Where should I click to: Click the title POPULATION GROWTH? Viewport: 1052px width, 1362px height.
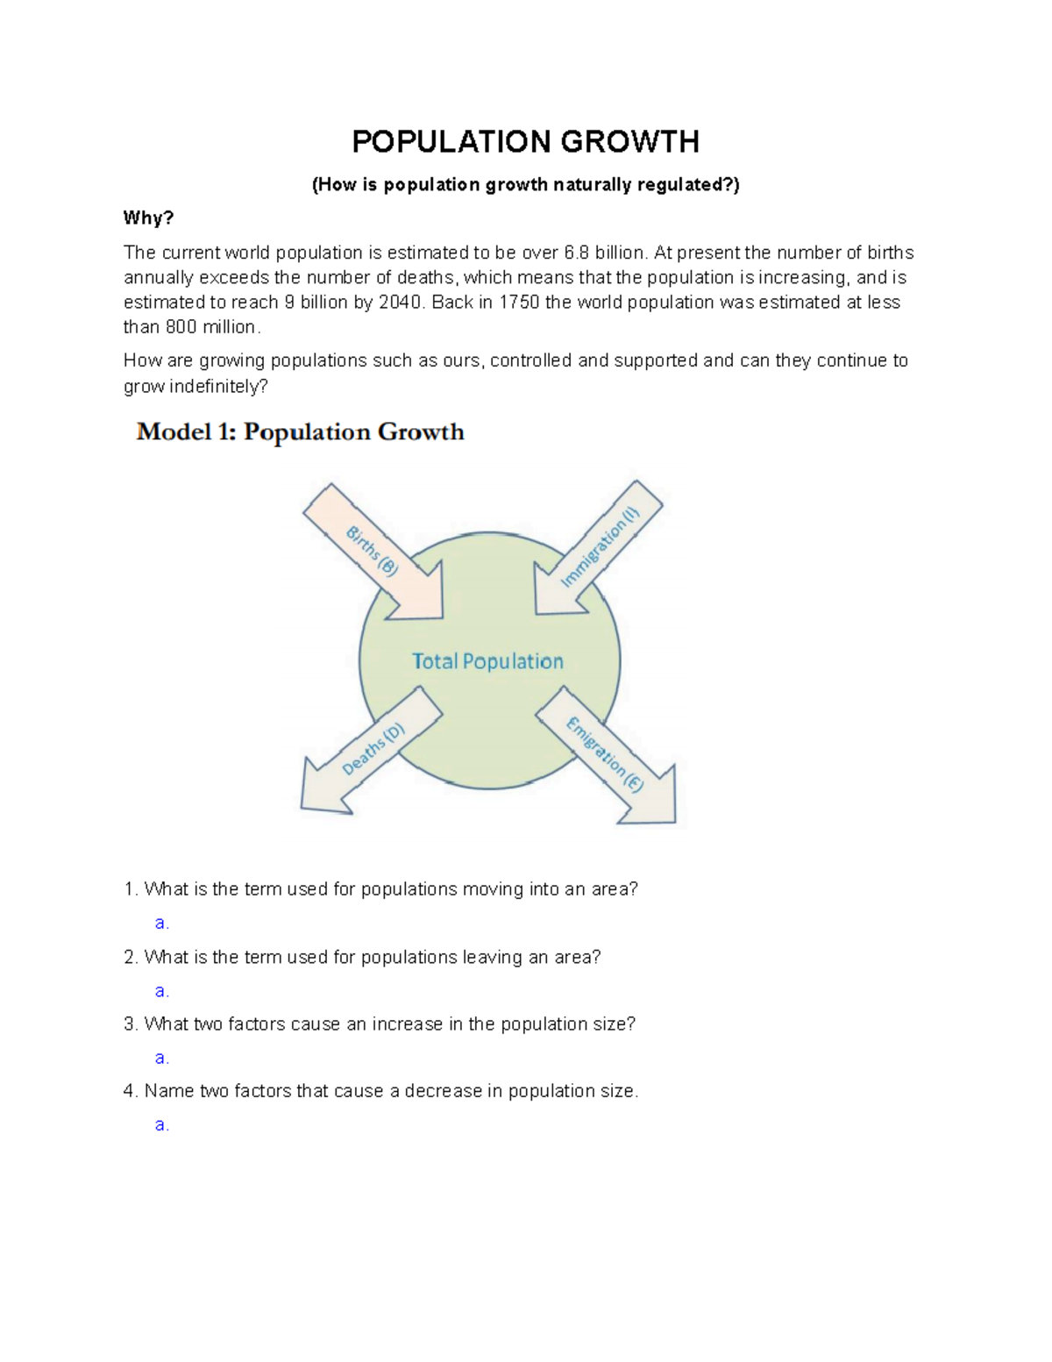525,141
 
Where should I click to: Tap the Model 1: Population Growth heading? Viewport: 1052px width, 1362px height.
300,432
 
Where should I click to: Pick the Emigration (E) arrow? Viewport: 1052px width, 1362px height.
606,755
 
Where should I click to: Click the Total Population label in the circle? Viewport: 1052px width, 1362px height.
487,661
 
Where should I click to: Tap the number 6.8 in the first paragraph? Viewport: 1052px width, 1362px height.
577,253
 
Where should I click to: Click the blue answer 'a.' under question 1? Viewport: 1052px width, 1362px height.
161,923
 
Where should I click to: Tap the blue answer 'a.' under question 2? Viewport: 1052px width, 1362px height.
161,991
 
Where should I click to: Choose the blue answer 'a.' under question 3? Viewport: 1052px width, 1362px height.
161,1058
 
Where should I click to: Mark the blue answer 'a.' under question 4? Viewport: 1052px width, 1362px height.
161,1125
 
